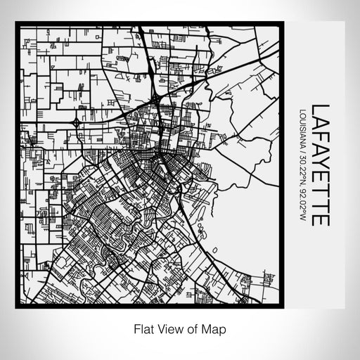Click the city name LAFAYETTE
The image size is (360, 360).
(x=320, y=165)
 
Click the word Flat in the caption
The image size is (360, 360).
(x=143, y=328)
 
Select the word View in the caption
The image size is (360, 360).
(x=171, y=328)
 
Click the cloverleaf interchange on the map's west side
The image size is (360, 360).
(x=76, y=123)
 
